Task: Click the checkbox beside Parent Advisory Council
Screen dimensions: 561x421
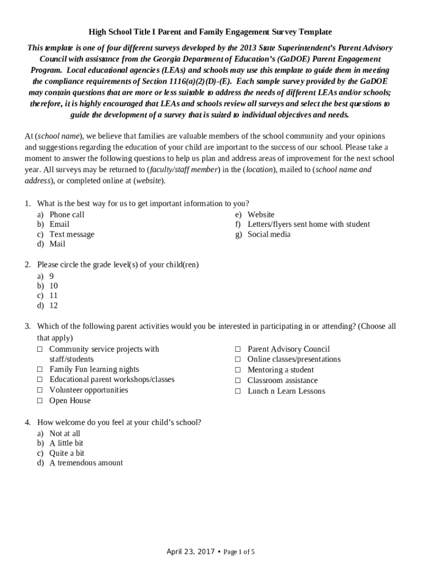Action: pyautogui.click(x=238, y=349)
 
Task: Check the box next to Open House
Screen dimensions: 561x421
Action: pyautogui.click(x=40, y=400)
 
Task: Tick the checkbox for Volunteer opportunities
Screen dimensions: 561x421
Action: pyautogui.click(x=40, y=390)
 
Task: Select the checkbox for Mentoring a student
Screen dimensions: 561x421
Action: pyautogui.click(x=238, y=370)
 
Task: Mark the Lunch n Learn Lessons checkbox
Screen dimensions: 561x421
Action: pyautogui.click(x=238, y=391)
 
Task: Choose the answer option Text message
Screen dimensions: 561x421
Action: pyautogui.click(x=72, y=234)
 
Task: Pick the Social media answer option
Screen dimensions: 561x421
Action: pyautogui.click(x=268, y=234)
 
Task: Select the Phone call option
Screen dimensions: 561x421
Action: pyautogui.click(x=67, y=214)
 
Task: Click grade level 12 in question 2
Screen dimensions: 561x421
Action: pyautogui.click(x=54, y=305)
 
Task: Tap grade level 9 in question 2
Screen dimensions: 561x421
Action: pyautogui.click(x=51, y=276)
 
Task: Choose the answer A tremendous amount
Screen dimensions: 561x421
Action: pyautogui.click(x=86, y=463)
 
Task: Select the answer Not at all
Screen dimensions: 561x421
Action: pyautogui.click(x=65, y=433)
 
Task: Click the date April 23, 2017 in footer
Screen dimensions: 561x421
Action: pyautogui.click(x=190, y=551)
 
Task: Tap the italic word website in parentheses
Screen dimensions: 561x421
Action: pyautogui.click(x=149, y=180)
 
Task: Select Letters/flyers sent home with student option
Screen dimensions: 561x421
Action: pyautogui.click(x=308, y=224)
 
